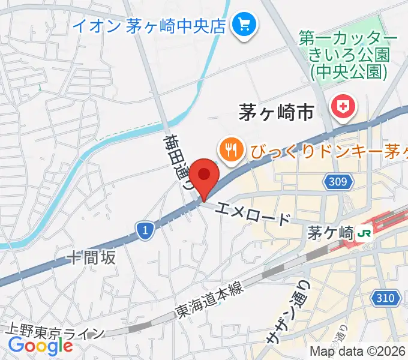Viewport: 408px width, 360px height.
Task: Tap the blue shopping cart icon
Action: pos(245,25)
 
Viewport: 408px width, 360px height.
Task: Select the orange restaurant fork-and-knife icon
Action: pos(230,148)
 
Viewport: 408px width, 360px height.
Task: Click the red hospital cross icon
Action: pos(343,108)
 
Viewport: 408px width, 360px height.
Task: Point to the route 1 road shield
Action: pos(143,229)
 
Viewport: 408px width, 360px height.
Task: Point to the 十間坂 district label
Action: pos(91,258)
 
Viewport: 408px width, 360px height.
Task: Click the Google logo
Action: pos(40,346)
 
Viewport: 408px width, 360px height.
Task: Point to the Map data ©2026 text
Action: pos(358,352)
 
